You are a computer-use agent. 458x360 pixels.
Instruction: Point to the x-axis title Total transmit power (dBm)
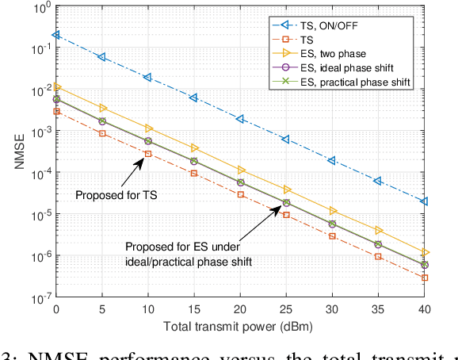click(x=242, y=327)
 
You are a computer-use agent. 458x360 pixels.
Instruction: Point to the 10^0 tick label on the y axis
click(x=40, y=9)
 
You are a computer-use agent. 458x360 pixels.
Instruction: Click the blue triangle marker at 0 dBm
click(x=55, y=35)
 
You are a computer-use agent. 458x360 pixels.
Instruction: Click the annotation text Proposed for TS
click(x=115, y=193)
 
